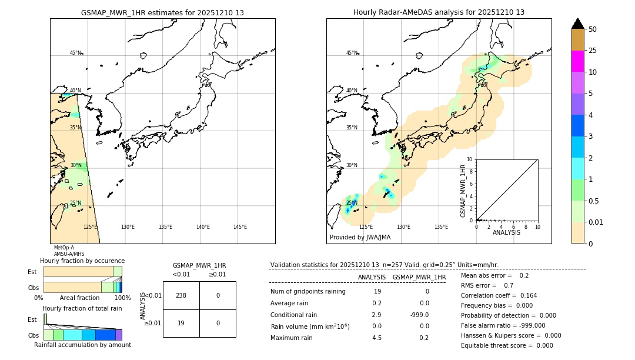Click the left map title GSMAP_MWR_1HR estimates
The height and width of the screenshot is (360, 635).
162,12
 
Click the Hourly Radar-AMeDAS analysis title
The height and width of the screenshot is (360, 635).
439,12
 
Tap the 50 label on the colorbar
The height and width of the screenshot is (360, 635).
593,29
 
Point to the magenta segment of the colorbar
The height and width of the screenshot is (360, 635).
578,61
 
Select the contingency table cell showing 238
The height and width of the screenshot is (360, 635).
181,295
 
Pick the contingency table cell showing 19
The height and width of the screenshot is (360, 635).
181,323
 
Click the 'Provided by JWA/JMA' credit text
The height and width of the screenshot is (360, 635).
360,237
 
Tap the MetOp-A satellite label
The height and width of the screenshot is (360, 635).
63,248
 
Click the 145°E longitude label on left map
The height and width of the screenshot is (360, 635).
240,227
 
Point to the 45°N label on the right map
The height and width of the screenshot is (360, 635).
352,53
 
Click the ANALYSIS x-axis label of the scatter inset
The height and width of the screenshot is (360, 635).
506,232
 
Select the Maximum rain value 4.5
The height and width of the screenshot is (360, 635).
376,338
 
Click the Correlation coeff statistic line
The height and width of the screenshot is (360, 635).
499,295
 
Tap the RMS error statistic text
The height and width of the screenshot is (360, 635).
487,285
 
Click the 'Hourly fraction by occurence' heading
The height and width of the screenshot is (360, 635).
82,261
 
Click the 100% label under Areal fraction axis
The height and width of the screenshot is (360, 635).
122,298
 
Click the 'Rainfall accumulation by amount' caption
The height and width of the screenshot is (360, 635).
82,345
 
